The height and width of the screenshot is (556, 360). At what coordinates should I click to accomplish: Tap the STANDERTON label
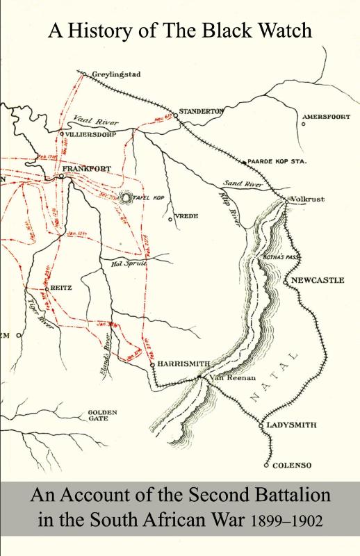point(200,111)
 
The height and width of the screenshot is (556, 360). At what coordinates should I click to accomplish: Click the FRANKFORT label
point(86,169)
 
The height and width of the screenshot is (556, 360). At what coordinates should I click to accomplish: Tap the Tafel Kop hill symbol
point(126,198)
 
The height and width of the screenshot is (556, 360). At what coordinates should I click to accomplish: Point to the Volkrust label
point(309,199)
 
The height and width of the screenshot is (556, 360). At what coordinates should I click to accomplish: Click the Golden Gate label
point(102,416)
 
